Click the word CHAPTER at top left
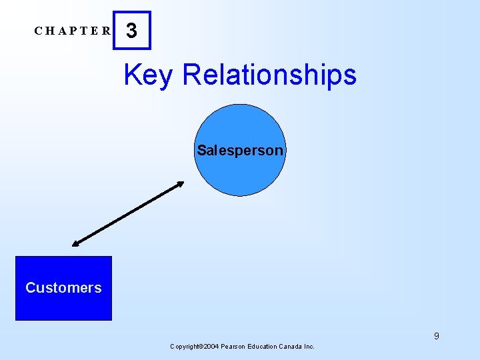pyautogui.click(x=73, y=31)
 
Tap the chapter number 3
pyautogui.click(x=132, y=31)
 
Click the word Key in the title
pyautogui.click(x=148, y=75)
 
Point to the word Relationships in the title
pyautogui.click(x=269, y=75)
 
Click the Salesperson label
pyautogui.click(x=240, y=151)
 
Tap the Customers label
pyautogui.click(x=63, y=288)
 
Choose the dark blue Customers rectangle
pyautogui.click(x=63, y=307)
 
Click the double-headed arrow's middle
pyautogui.click(x=128, y=214)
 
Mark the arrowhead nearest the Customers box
pyautogui.click(x=76, y=244)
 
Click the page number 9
pyautogui.click(x=437, y=336)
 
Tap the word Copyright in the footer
pyautogui.click(x=186, y=347)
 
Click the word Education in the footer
pyautogui.click(x=261, y=347)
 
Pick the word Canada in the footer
pyautogui.click(x=291, y=347)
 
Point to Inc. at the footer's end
pyautogui.click(x=310, y=347)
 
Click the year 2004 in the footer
pyautogui.click(x=210, y=347)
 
